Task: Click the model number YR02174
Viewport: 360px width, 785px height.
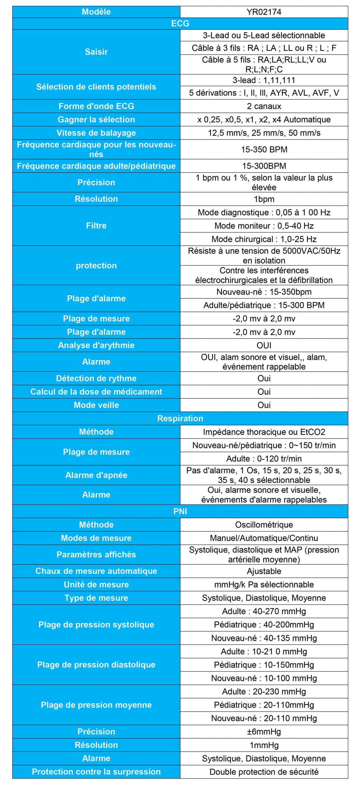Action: pos(264,12)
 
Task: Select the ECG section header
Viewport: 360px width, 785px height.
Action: pos(180,24)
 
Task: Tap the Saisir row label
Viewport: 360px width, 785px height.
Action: pos(96,52)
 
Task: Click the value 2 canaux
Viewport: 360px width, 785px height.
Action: pos(264,106)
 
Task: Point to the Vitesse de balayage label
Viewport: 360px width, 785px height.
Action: pos(96,133)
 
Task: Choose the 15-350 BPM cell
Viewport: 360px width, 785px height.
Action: pos(264,149)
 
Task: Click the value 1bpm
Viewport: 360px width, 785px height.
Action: pos(264,199)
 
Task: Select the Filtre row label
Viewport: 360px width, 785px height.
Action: pos(96,226)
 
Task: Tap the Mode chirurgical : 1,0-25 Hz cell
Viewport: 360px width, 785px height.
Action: pos(264,239)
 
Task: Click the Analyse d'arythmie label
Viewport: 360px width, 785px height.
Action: pos(96,345)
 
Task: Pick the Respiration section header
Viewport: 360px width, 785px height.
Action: pos(180,419)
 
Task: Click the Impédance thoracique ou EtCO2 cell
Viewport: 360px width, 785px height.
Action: pos(264,432)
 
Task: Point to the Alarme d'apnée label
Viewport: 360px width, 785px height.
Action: pos(96,475)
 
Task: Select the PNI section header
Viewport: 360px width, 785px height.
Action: pos(180,511)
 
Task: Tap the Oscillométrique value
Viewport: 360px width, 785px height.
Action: pos(264,525)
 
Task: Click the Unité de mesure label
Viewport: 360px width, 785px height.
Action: pos(96,584)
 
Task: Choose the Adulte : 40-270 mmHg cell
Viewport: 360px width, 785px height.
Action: pos(264,611)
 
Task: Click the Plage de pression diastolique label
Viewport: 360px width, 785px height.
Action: pos(96,664)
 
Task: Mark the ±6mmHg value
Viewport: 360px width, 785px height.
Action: pos(264,732)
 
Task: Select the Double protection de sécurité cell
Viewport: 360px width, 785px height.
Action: pos(264,772)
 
